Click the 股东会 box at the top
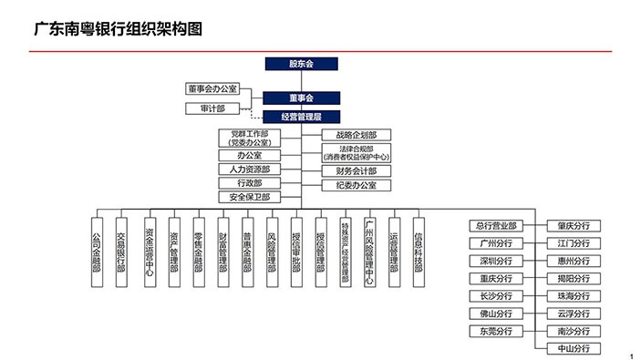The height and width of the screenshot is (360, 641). click(301, 65)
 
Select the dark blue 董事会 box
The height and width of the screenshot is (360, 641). click(301, 98)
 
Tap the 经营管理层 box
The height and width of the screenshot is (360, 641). click(301, 117)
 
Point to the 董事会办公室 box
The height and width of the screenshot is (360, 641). click(212, 88)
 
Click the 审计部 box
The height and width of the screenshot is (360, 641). click(212, 108)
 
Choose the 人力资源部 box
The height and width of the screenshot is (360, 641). click(249, 170)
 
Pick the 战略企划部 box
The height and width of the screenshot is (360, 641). click(348, 135)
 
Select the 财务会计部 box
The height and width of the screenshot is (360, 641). click(348, 170)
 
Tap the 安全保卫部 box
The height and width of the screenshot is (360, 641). click(249, 197)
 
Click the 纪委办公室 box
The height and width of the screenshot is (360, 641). click(348, 185)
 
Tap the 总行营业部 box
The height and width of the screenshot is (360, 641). click(495, 226)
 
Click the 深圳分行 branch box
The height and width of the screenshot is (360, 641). click(495, 261)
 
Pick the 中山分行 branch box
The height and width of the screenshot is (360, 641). click(573, 348)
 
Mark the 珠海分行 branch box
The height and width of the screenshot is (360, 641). click(573, 295)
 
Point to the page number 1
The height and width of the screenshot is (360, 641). click(631, 355)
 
